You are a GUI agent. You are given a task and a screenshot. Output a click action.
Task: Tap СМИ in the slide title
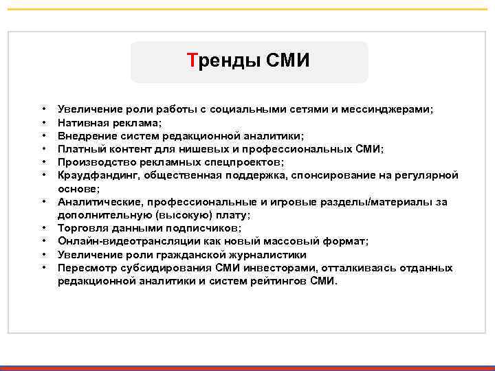coord(287,61)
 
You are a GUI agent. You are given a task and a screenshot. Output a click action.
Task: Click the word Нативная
coord(82,122)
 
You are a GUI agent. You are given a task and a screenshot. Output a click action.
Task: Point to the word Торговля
coord(80,227)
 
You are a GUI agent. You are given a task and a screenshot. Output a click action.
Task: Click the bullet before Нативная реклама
coord(44,122)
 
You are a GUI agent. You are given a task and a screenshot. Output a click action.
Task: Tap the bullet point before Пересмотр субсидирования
coord(44,267)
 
